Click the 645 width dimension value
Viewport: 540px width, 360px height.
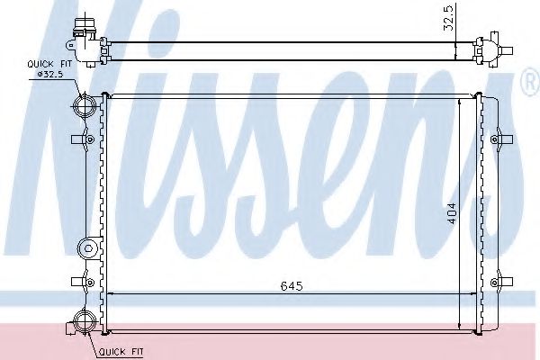point(292,286)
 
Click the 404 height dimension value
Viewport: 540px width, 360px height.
point(451,213)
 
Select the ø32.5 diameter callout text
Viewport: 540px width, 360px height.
point(49,74)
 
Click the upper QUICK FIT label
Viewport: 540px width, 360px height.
point(49,64)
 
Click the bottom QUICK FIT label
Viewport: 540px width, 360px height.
point(121,352)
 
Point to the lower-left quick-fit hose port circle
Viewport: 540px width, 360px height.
point(85,320)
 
